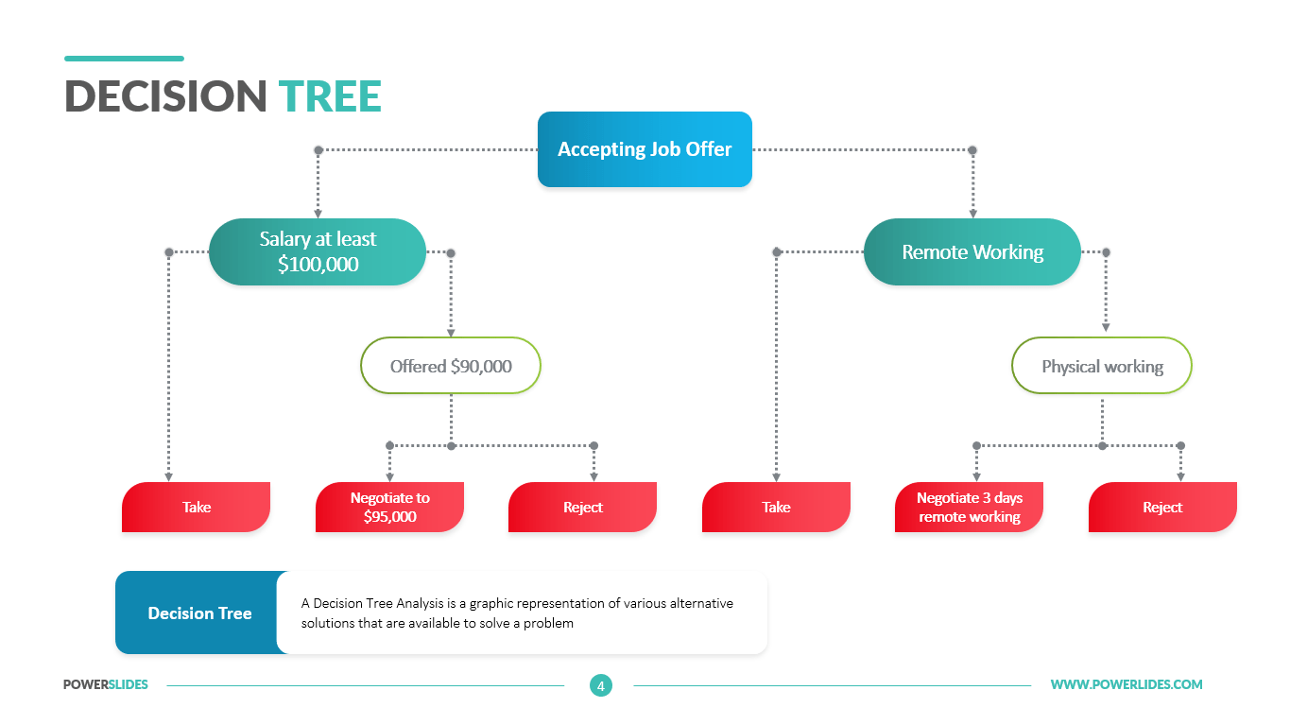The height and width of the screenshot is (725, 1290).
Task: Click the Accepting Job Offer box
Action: pos(645,149)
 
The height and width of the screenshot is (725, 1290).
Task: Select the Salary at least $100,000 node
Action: pos(318,252)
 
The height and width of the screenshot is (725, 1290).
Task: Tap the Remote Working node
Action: pos(972,252)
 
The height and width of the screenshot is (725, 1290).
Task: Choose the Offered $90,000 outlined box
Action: pos(451,366)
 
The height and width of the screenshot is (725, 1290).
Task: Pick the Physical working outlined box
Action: pos(1102,366)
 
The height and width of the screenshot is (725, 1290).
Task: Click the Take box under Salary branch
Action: pos(197,508)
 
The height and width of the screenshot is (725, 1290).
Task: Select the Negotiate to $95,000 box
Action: pos(389,508)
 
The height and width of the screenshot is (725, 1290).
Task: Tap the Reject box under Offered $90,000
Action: pos(582,508)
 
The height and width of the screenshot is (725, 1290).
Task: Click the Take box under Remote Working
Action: pos(776,508)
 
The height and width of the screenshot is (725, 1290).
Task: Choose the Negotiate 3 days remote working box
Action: pos(969,508)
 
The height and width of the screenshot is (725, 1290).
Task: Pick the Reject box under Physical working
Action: pos(1162,508)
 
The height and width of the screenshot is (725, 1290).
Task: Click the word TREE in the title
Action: pos(330,97)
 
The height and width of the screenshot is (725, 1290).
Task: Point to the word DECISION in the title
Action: pos(166,97)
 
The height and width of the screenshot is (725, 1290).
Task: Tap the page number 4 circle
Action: pos(600,685)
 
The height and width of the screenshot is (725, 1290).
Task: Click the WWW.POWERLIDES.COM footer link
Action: pos(1127,685)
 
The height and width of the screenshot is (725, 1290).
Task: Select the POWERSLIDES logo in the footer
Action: pos(106,685)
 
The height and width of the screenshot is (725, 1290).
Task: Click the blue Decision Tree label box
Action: pos(199,613)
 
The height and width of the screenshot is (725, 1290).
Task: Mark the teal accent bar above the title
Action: pos(124,59)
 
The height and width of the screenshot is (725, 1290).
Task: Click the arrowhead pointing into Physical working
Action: pos(1106,327)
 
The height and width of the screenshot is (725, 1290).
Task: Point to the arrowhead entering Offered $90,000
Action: pos(451,332)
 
